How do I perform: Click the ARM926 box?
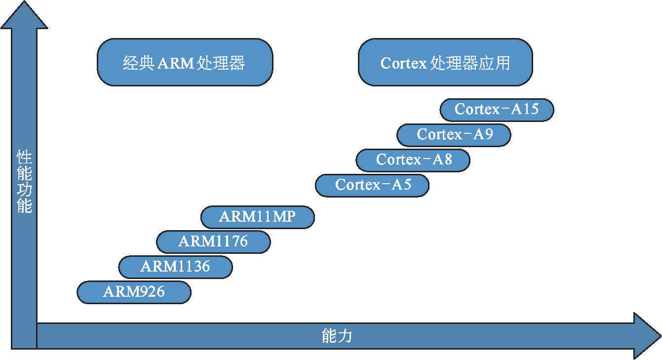(x=134, y=292)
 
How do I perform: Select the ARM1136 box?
(x=175, y=267)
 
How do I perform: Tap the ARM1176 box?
(x=213, y=242)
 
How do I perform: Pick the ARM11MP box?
(x=257, y=217)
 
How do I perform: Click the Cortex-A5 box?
(x=372, y=185)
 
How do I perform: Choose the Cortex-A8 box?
(x=413, y=160)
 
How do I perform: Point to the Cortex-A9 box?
(x=454, y=135)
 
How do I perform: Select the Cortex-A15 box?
(x=497, y=110)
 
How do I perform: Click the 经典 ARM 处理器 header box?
(x=185, y=63)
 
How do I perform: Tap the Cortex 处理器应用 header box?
(x=445, y=63)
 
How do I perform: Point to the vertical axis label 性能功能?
(x=24, y=181)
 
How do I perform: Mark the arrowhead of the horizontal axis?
(x=647, y=336)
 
